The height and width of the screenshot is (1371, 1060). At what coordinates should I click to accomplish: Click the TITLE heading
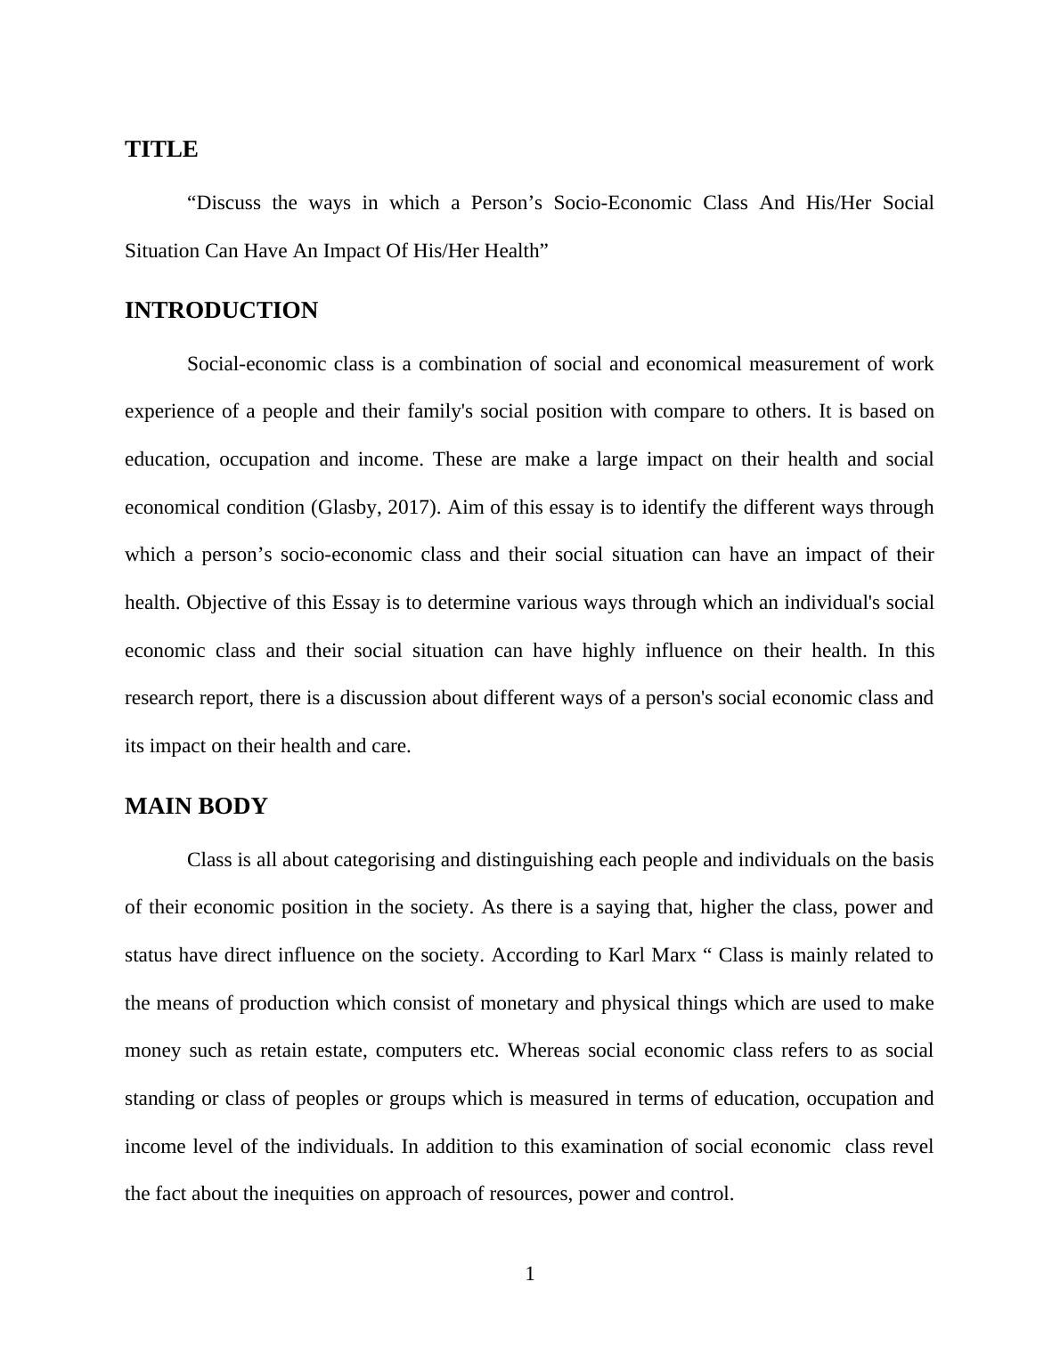coord(161,150)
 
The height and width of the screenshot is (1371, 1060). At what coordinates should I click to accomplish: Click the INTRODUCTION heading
coord(221,311)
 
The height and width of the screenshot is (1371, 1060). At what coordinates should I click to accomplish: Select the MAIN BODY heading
coord(196,807)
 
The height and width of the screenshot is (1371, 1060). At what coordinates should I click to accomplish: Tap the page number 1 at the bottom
coord(530,1274)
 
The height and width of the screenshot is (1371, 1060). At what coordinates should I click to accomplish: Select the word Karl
coord(626,955)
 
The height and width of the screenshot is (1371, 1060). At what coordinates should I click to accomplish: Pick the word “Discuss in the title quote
coord(224,203)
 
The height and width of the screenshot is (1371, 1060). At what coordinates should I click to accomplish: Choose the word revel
coord(913,1147)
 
